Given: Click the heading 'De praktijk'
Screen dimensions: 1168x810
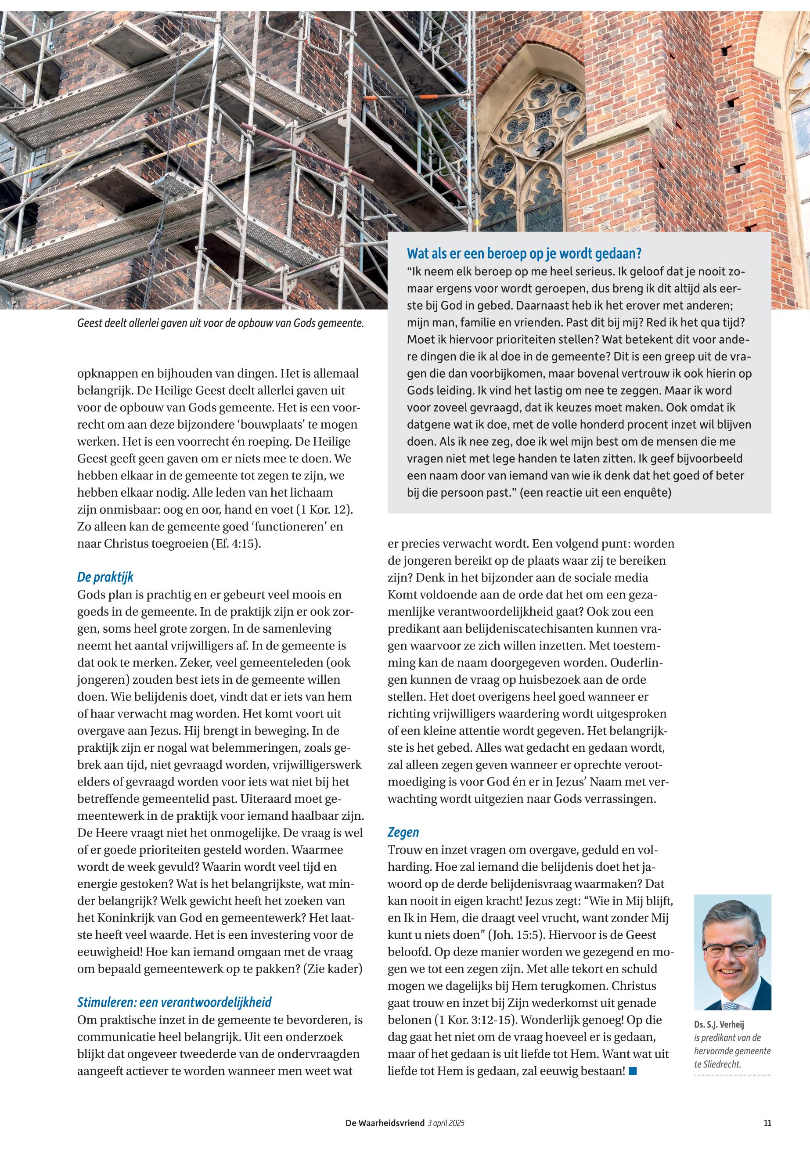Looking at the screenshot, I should pyautogui.click(x=105, y=577).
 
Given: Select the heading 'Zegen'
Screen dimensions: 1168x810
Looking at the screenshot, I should pyautogui.click(x=403, y=832).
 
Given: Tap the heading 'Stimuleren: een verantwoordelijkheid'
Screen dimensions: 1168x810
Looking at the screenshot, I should pyautogui.click(x=174, y=1002).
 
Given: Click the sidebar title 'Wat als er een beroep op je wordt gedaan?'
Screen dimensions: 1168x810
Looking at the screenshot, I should pyautogui.click(x=524, y=253).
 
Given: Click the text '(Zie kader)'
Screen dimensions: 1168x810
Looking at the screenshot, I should pyautogui.click(x=332, y=969).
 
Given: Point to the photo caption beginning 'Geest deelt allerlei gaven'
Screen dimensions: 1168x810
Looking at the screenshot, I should pyautogui.click(x=220, y=323).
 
